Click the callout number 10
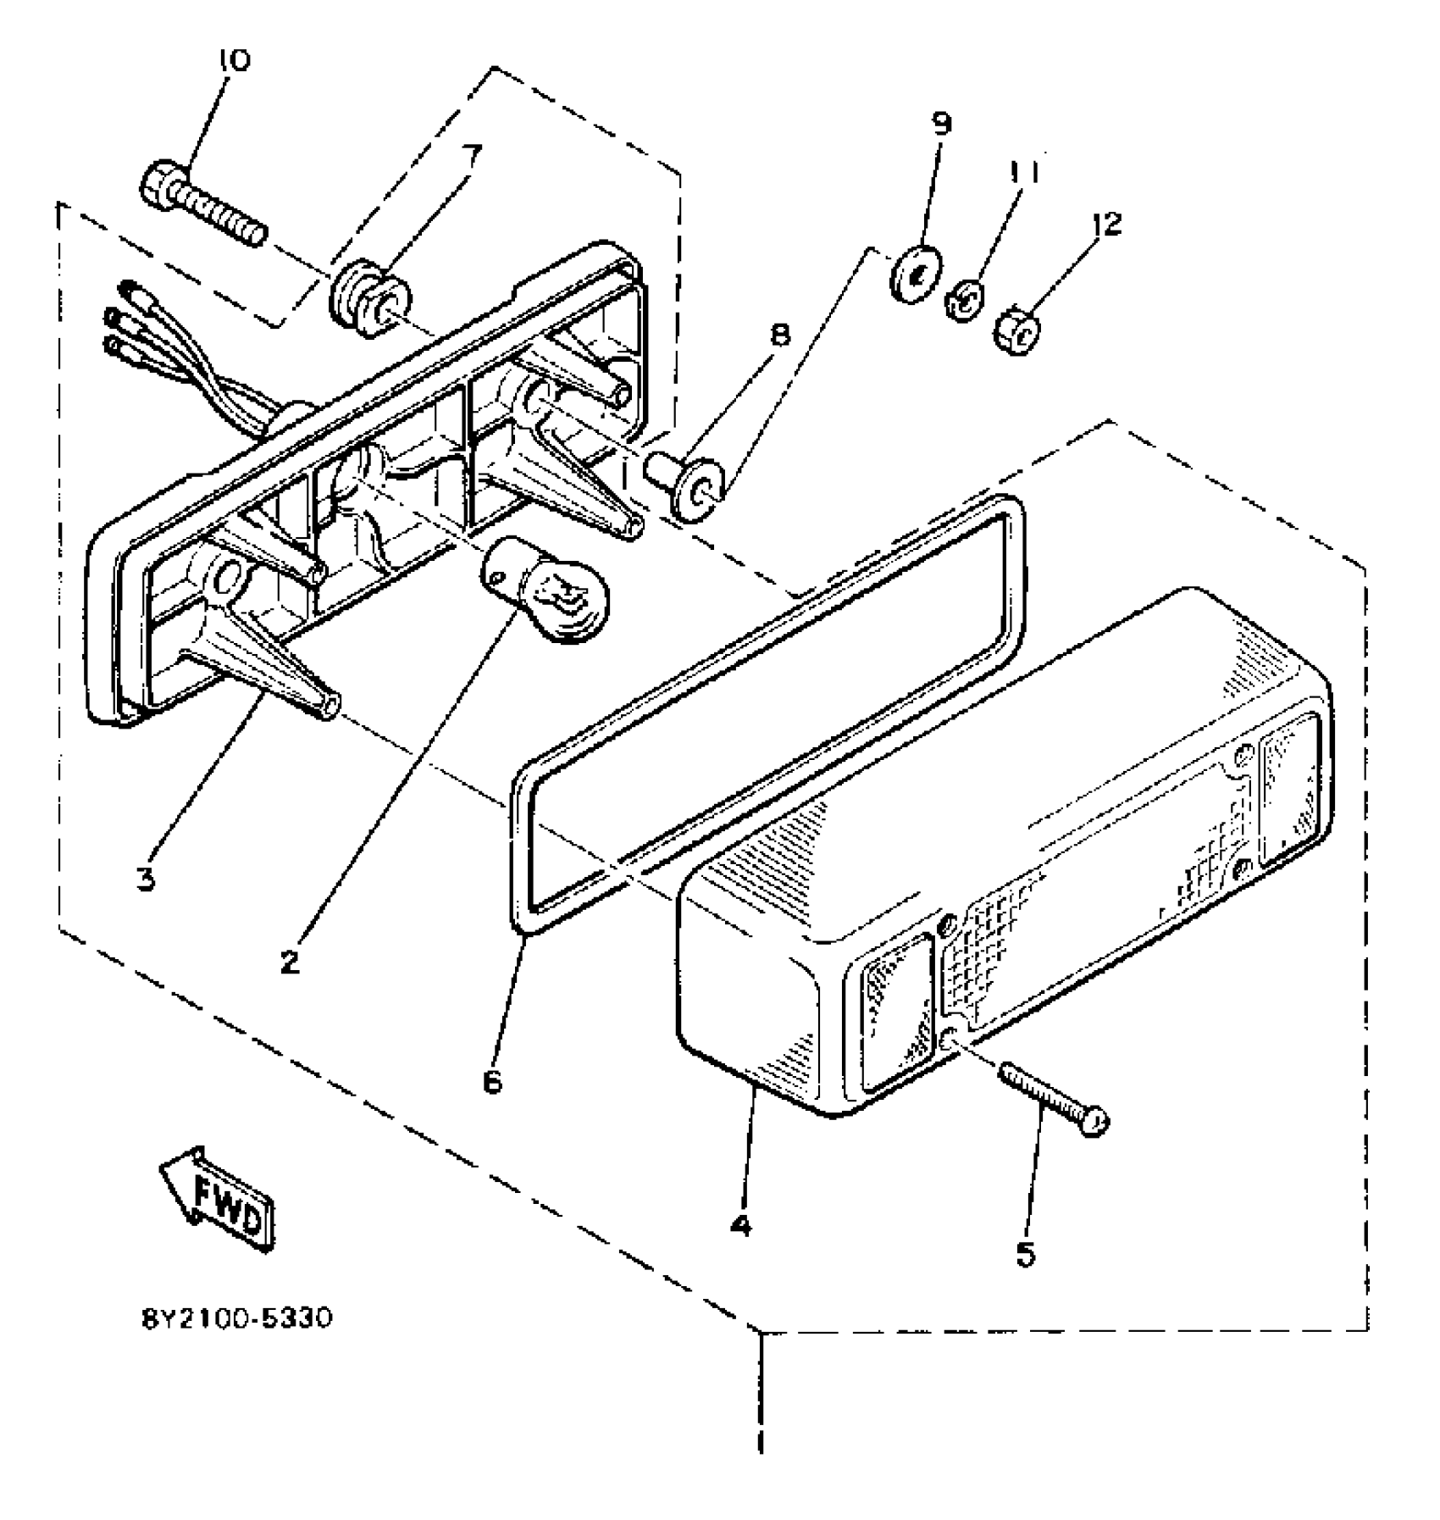(x=234, y=62)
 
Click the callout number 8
(x=779, y=334)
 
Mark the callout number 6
(x=492, y=1081)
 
